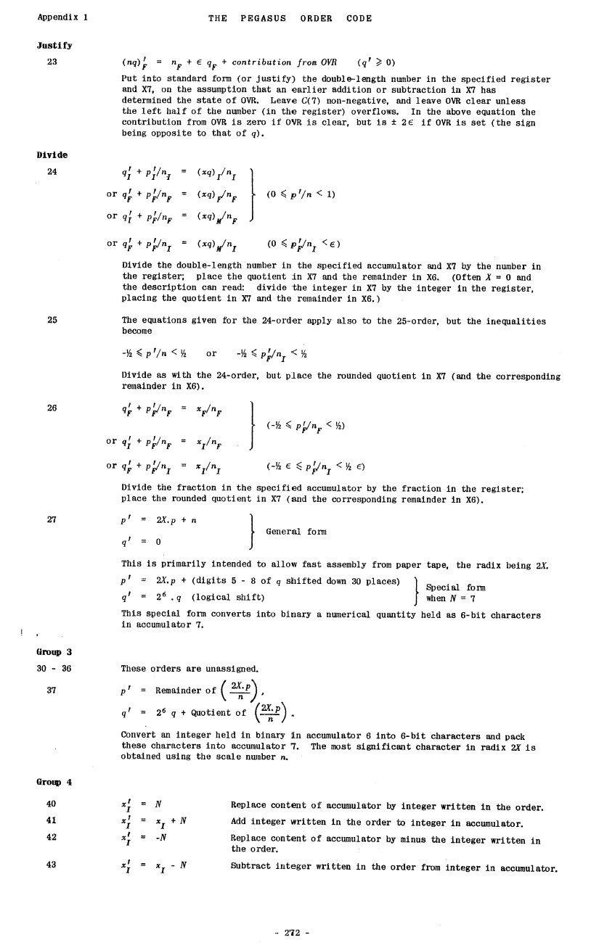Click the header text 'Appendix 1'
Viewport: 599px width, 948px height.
coord(62,18)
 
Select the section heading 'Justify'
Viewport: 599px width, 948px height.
coord(54,45)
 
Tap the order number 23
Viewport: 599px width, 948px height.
coord(52,62)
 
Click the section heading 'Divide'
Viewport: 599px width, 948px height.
coord(52,154)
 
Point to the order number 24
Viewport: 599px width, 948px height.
coord(52,172)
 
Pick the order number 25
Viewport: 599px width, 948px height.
coord(52,320)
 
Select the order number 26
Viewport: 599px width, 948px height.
coord(52,408)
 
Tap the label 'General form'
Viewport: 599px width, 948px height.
coord(296,532)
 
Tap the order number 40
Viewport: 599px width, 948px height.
coord(52,804)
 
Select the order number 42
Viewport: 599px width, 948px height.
coord(52,837)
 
